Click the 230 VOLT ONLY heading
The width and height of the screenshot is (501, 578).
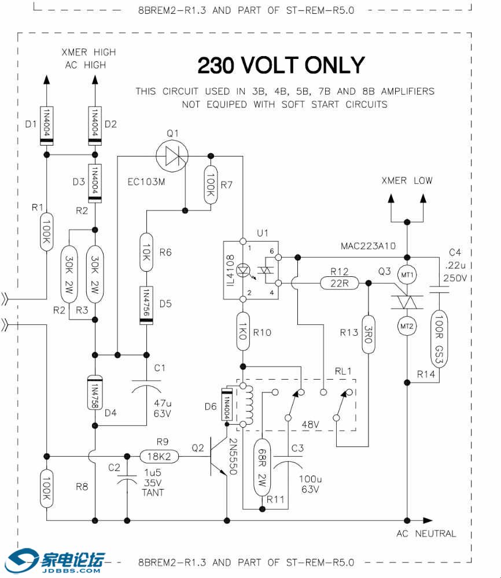tap(281, 65)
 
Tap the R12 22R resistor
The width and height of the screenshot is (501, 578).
tap(339, 283)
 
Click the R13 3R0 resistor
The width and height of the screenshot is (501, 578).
tap(368, 334)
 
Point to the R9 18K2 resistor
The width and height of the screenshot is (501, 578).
tap(160, 457)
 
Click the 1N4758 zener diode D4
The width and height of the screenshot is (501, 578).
tap(94, 393)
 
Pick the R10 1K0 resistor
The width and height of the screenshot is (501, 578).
tap(243, 332)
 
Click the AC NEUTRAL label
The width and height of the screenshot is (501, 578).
tap(426, 533)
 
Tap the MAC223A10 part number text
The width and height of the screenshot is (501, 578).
tap(368, 246)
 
